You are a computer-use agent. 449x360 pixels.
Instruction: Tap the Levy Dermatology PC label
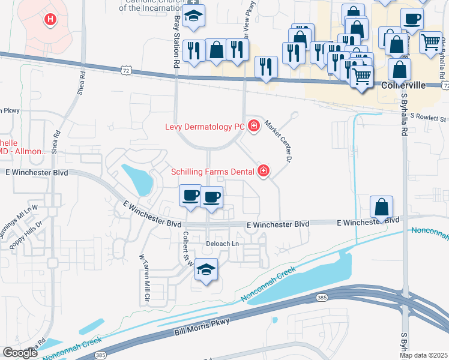point(205,127)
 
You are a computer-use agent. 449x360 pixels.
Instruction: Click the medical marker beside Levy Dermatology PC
point(254,125)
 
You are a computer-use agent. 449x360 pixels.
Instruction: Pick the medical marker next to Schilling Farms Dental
point(263,172)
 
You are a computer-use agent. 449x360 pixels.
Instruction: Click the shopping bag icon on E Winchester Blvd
point(381,208)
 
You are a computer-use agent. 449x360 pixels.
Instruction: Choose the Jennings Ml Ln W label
point(19,216)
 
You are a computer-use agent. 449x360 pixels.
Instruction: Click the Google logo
point(20,353)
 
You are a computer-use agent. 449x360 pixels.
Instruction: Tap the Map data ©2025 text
point(423,355)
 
